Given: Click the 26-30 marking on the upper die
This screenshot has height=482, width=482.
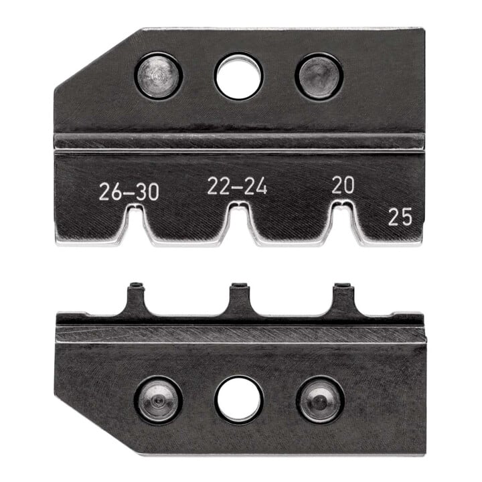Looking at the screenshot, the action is tap(129, 192).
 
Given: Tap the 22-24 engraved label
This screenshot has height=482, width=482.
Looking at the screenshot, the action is tap(237, 186).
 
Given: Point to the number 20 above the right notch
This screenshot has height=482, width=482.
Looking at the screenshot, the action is tap(343, 185).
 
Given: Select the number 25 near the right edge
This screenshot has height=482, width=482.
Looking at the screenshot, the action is tap(400, 217).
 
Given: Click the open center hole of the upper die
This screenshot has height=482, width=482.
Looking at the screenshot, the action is tap(239, 76).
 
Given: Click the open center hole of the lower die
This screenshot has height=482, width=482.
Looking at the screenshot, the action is tap(239, 399).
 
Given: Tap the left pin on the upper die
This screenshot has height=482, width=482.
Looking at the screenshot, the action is tap(158, 76).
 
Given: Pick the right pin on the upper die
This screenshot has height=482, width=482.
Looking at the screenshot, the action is tap(319, 76).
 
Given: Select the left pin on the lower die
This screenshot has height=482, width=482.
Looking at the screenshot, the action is tap(159, 400).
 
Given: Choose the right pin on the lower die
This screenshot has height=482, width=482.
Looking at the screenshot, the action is tap(320, 400).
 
